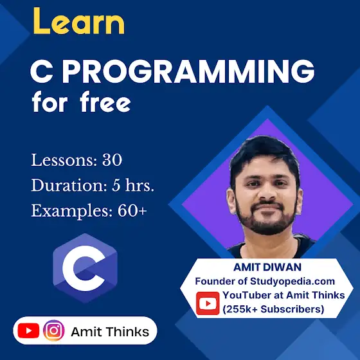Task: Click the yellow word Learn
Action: tap(79, 21)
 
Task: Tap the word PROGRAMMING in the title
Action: tap(188, 71)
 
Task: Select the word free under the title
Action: tap(105, 102)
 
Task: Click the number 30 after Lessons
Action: tap(113, 160)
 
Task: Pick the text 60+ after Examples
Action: tap(132, 211)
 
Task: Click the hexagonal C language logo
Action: tap(85, 268)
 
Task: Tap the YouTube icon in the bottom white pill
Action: tap(28, 330)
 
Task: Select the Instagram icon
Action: tap(54, 330)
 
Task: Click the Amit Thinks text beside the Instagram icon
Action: tap(110, 332)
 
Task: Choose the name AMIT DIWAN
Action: tap(267, 267)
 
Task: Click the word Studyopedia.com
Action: tap(292, 282)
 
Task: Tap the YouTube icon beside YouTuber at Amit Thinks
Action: tap(208, 303)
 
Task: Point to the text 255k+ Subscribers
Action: tap(273, 309)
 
